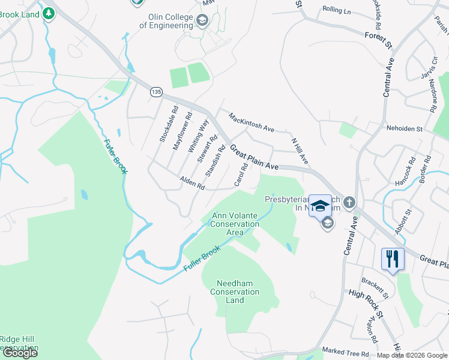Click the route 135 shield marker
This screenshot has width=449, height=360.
pos(156,92)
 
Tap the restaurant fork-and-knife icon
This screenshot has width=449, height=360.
pos(393,259)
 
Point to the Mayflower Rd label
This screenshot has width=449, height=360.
pos(182,131)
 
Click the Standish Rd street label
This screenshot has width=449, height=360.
pos(215,161)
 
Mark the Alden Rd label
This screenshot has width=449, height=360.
pos(193,183)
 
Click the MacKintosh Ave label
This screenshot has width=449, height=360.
pos(252,122)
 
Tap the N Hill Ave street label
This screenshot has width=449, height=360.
pos(300,152)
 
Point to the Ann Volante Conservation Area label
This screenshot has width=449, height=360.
pos(235,224)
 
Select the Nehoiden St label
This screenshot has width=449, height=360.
pos(405,128)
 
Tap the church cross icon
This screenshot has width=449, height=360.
pos(349,202)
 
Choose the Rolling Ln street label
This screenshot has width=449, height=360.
pos(336,10)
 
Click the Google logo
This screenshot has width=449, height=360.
pos(20,353)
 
